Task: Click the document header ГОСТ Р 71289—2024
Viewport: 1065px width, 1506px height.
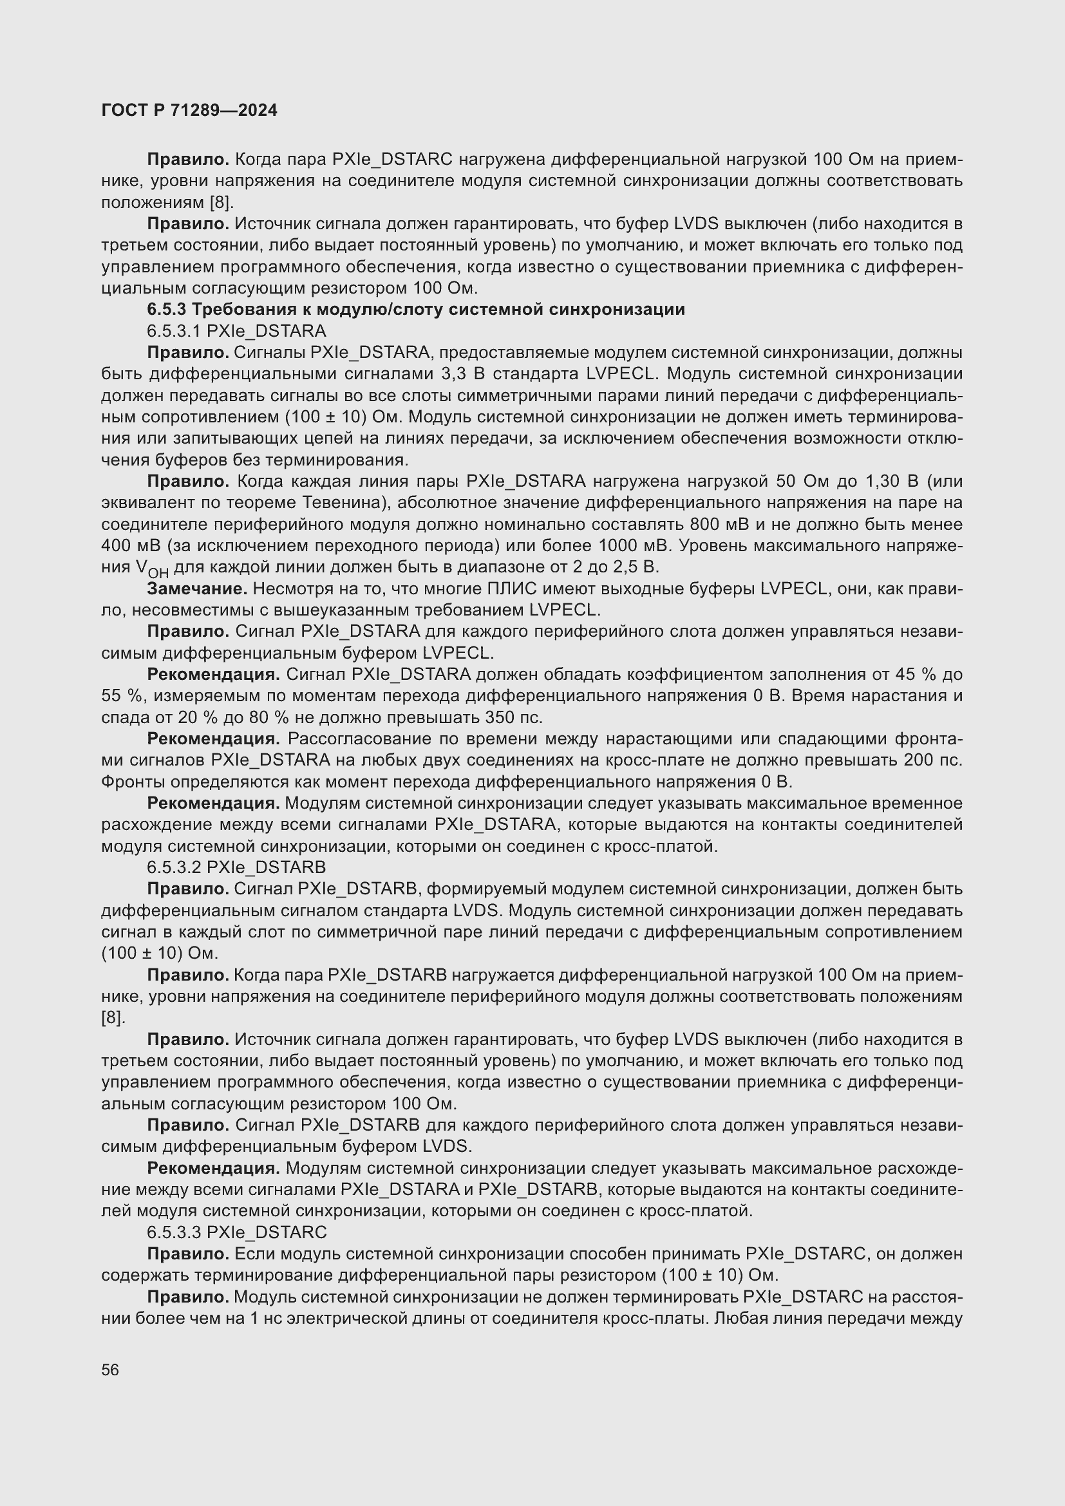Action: (x=189, y=110)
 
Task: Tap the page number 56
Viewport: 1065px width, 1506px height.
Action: (x=110, y=1370)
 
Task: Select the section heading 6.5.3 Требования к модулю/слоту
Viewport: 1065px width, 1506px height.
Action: (x=416, y=310)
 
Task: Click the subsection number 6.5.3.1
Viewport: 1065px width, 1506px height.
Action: (x=174, y=330)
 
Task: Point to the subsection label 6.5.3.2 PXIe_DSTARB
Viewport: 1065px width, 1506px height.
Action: (x=236, y=867)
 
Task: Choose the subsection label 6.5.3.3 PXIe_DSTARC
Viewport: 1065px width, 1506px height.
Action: (x=236, y=1232)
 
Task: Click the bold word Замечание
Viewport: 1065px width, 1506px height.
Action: (x=197, y=588)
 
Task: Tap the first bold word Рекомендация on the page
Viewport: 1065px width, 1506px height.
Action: (x=213, y=674)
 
